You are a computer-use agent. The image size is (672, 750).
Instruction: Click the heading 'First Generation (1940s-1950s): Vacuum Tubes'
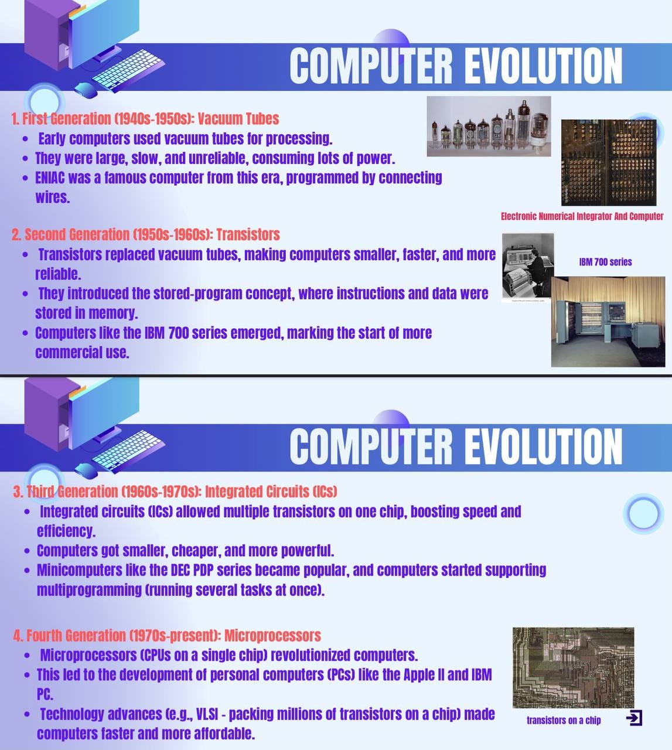[145, 119]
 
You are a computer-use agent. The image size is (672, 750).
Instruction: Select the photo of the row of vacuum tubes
[489, 127]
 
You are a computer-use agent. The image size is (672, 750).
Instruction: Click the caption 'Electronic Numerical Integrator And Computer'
[582, 216]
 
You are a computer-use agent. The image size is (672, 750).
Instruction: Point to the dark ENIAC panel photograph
[608, 162]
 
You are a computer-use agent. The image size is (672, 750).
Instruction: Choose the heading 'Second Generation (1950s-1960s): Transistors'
[145, 235]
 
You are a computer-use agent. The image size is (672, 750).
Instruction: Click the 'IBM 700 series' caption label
[605, 262]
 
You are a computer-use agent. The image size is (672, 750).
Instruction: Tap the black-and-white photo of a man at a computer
[528, 267]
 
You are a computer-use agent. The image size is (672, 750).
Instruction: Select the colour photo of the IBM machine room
[608, 322]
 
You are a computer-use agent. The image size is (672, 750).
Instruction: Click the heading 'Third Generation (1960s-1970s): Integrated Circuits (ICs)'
[175, 491]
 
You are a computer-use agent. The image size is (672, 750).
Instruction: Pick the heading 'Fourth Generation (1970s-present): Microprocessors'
[167, 636]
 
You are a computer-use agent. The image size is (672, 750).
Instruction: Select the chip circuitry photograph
[573, 668]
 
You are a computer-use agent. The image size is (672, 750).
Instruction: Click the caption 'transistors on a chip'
[564, 720]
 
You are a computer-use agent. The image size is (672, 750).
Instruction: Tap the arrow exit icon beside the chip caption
[634, 718]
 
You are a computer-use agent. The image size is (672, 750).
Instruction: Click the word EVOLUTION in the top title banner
[543, 66]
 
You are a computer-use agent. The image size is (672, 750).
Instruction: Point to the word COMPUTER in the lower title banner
[371, 446]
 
